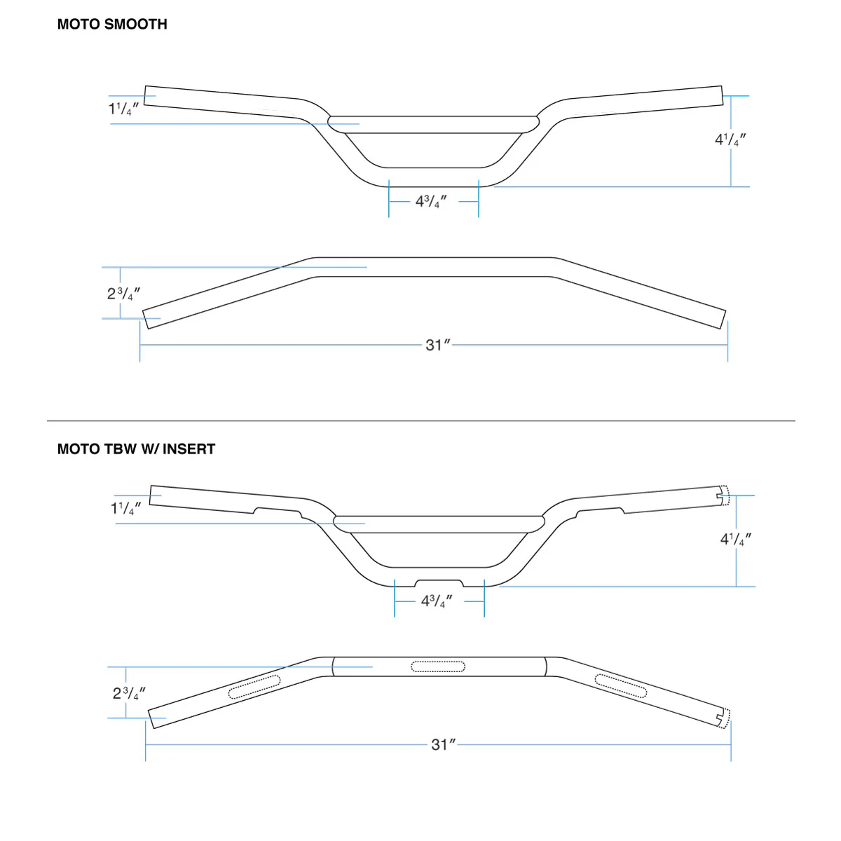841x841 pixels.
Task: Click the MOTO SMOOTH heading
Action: [112, 25]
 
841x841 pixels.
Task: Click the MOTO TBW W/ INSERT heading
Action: [136, 449]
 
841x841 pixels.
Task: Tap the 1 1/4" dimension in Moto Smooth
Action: [124, 109]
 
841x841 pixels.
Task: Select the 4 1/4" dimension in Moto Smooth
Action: [730, 139]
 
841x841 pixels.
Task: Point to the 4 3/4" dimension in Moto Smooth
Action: [431, 202]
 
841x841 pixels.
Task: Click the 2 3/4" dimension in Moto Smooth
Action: [124, 294]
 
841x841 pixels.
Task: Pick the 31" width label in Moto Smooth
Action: [437, 345]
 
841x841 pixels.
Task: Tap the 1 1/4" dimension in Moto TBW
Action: [127, 508]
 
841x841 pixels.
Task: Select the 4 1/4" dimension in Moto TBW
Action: [736, 539]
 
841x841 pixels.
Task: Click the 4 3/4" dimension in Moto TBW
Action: [437, 601]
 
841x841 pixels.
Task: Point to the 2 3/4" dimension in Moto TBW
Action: [130, 693]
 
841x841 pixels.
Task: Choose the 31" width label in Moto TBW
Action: [443, 744]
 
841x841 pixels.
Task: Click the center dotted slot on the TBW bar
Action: [438, 666]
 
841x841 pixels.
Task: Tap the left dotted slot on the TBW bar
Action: [254, 688]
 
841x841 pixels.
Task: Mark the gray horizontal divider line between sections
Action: [420, 420]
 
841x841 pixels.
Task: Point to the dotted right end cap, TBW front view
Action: [725, 495]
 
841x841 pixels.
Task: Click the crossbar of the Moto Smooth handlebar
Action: [435, 124]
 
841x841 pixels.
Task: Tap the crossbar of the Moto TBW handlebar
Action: [439, 524]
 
